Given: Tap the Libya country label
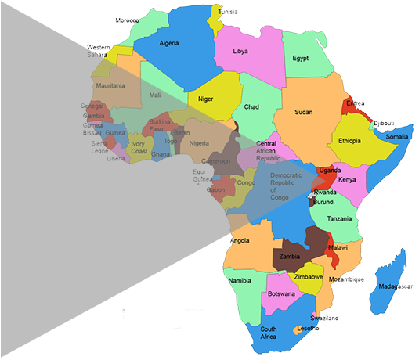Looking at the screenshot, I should (240, 52).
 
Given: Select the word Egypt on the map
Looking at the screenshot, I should (301, 59).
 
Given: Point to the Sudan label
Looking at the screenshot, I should (303, 112).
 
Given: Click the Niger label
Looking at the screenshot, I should (206, 99).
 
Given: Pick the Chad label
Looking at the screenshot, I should (251, 106).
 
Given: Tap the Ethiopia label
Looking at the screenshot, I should (349, 141).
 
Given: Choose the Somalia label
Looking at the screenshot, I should (397, 137).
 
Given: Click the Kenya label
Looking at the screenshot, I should (347, 180).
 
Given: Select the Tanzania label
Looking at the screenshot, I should (339, 218).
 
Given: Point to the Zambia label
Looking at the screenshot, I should (291, 257).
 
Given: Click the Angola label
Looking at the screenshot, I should (240, 241).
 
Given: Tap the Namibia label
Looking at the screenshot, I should (240, 280).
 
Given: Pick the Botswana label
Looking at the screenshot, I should (281, 293).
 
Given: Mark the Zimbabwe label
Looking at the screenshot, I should (309, 277).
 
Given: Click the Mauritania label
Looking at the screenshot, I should (110, 85).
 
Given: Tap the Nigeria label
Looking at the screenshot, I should (199, 143).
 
